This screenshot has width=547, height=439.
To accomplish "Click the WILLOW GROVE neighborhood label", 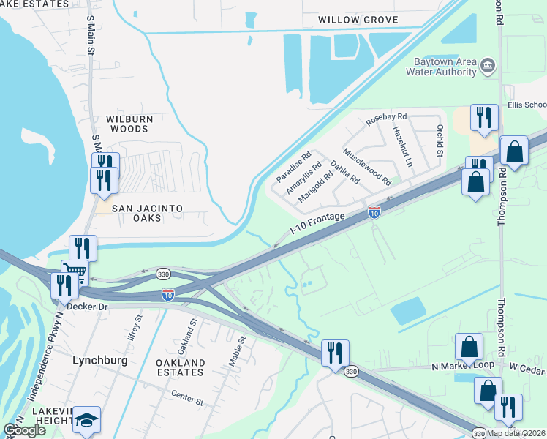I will (x=358, y=20).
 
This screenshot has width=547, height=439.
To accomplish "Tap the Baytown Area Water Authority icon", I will (x=488, y=67).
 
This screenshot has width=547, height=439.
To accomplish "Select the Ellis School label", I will (x=527, y=105).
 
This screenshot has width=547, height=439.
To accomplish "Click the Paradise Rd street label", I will (x=294, y=167).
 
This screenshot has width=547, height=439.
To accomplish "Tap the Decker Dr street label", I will (x=87, y=307).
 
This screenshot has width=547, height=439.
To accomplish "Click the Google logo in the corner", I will (x=25, y=430).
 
